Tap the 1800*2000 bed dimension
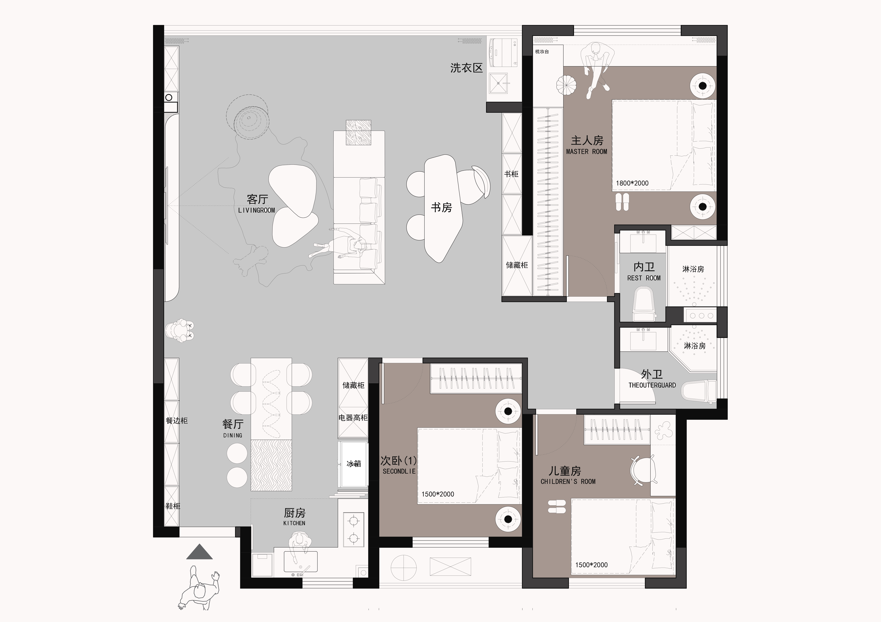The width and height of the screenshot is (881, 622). [x=632, y=183]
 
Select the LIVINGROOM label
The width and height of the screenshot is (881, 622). [x=256, y=210]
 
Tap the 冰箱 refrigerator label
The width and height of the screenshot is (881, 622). [x=353, y=464]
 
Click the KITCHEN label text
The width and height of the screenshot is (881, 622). [x=294, y=523]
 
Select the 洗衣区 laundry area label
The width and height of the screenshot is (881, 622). [x=466, y=68]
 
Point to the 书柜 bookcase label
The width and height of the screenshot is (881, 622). [x=511, y=174]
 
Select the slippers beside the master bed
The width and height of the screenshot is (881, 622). [x=622, y=202]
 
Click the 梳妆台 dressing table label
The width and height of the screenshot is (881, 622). [x=542, y=51]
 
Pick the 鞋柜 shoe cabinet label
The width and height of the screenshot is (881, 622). [x=173, y=506]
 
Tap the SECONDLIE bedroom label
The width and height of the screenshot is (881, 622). [x=399, y=471]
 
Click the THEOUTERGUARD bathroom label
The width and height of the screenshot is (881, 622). [x=652, y=385]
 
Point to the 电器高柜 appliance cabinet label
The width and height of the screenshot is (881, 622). [x=353, y=418]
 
